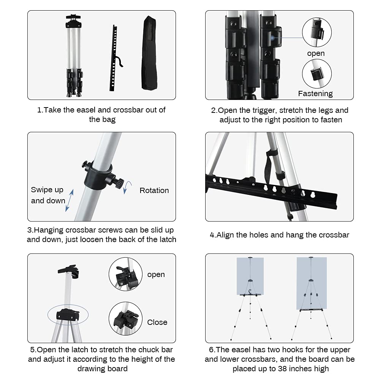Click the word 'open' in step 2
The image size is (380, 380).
click(x=316, y=53)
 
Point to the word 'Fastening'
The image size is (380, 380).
click(x=315, y=93)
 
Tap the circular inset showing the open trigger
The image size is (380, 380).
click(x=317, y=32)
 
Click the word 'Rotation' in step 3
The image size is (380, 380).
click(x=154, y=190)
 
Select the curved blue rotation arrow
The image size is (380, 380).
click(x=128, y=187)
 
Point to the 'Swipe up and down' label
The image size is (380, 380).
click(x=47, y=195)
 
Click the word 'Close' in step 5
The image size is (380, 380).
click(x=157, y=322)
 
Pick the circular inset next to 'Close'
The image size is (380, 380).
click(x=125, y=318)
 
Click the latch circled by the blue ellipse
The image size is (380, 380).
click(x=68, y=314)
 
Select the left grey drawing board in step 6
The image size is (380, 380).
click(x=250, y=276)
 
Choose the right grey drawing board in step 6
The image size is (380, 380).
click(x=311, y=283)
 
